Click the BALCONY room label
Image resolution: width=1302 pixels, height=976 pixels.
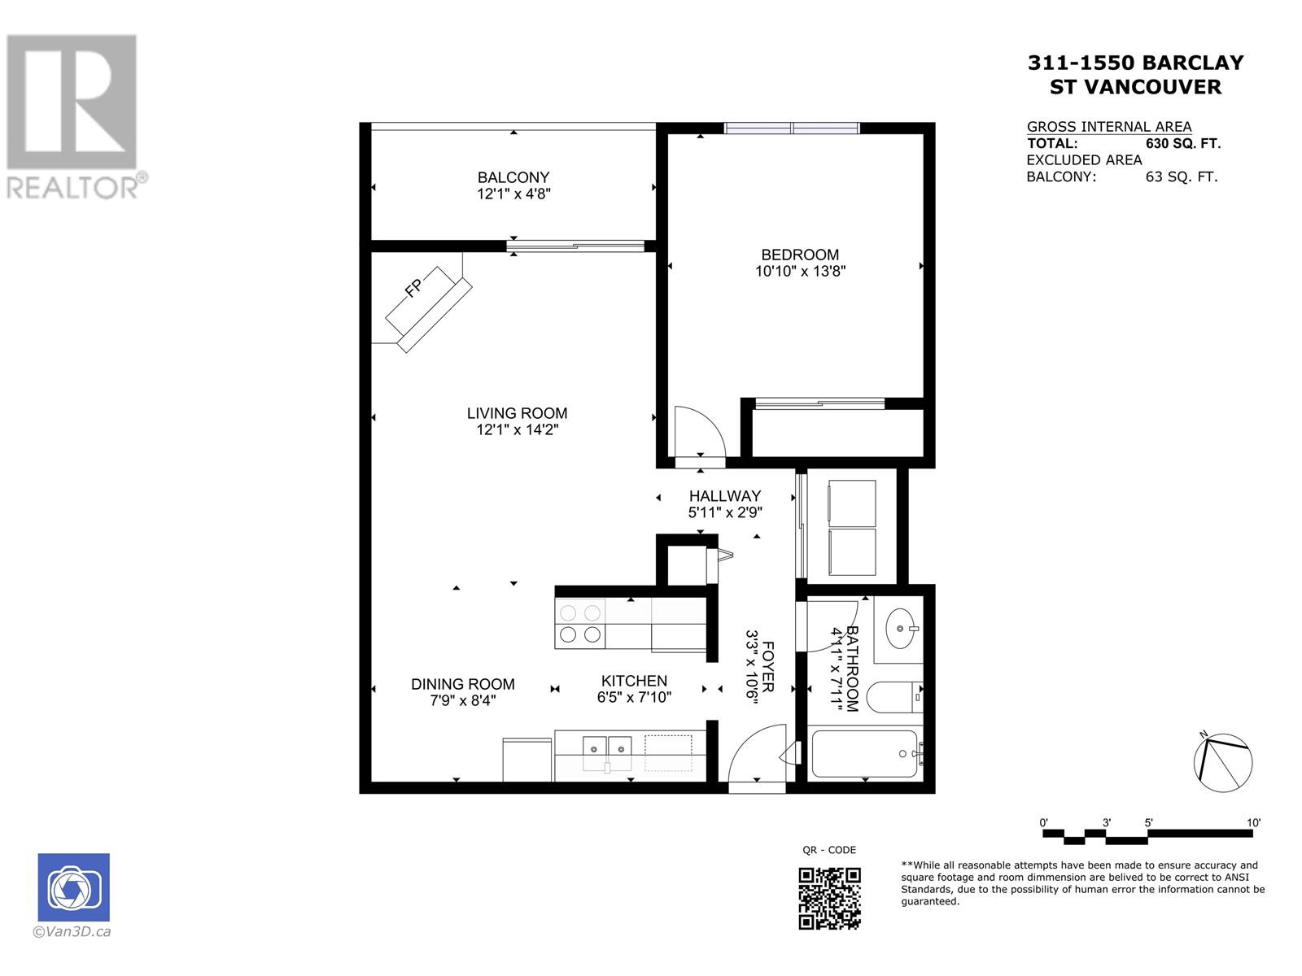coord(513,177)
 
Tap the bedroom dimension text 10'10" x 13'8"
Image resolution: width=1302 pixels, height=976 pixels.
coord(800,272)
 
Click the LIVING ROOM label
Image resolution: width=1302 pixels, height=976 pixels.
coord(517,413)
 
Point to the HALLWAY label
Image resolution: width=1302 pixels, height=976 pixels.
coord(724,496)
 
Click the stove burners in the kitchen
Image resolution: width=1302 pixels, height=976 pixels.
coord(580,624)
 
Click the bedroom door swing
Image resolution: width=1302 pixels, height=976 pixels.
coord(698,431)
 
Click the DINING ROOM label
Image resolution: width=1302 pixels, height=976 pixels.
coord(462,684)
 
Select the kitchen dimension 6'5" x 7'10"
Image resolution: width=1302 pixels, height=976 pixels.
coord(634,697)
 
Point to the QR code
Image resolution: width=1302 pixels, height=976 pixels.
coord(829,898)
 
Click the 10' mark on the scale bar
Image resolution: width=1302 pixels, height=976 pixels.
coord(1252,822)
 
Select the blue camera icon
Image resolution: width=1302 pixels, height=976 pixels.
coord(73,887)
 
